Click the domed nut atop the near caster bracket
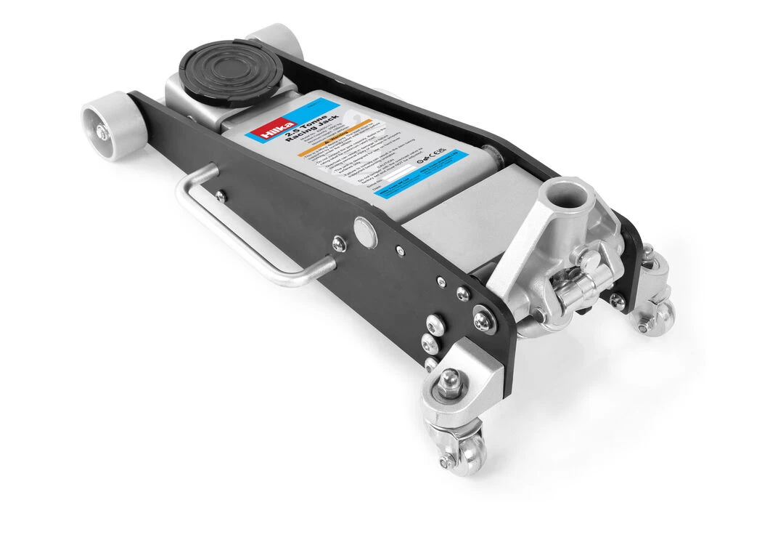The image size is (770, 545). pos(450,378)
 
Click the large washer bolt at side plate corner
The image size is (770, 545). pos(483,316)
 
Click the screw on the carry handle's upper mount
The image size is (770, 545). pos(220,195)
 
